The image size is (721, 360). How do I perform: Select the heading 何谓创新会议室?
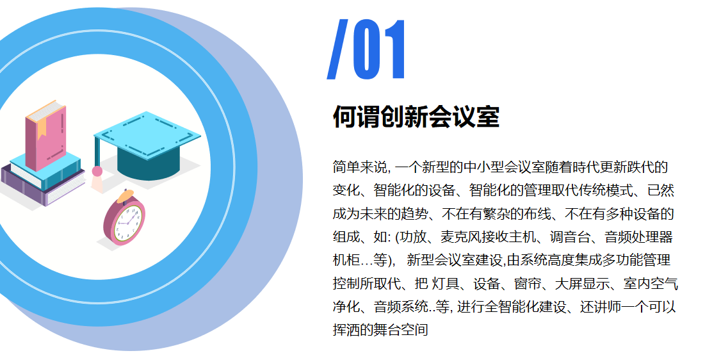(x=416, y=117)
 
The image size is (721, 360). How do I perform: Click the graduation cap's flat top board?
(x=147, y=134)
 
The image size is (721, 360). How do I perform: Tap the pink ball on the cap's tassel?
(x=97, y=171)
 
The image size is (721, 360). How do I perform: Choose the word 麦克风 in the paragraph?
(x=459, y=238)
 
